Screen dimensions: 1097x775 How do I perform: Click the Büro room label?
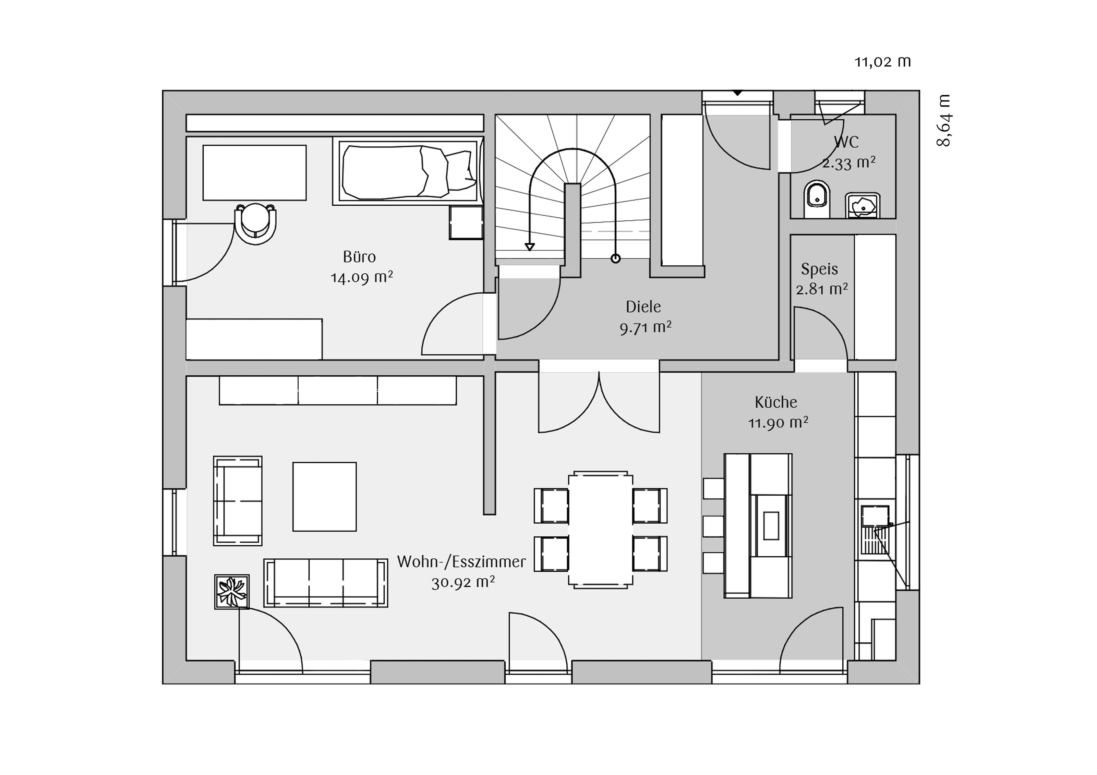pos(359,257)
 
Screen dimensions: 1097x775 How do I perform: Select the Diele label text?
pos(643,307)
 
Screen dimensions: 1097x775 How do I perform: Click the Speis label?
pos(819,269)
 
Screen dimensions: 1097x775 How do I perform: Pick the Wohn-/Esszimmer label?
pos(461,562)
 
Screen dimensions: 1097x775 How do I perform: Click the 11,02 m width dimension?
pos(882,62)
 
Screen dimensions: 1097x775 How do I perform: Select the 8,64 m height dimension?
pos(944,120)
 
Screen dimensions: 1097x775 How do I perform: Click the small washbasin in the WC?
pos(863,205)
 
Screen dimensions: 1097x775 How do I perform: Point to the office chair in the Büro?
pos(256,223)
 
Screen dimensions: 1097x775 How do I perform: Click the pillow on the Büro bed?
pos(461,170)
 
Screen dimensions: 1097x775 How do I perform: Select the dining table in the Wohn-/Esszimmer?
pos(601,530)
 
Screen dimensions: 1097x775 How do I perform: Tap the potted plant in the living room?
pos(232,592)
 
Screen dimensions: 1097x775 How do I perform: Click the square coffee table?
pos(324,496)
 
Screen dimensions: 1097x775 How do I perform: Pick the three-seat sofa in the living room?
pos(325,583)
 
